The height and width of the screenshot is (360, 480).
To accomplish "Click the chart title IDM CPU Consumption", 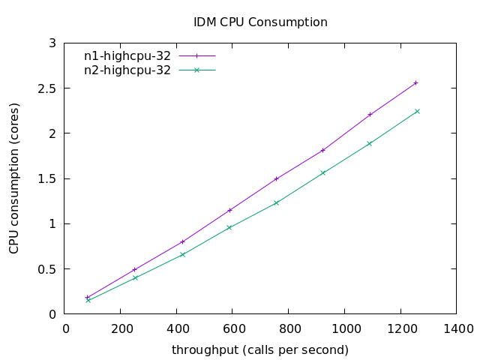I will pos(260,22).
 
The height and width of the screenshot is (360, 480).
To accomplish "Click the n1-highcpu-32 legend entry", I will pos(127,55).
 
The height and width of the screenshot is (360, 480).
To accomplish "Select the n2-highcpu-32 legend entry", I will pos(127,70).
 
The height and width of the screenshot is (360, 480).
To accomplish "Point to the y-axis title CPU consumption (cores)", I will pos(14,178).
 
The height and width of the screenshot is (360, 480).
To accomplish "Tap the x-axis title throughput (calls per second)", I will pos(260,349).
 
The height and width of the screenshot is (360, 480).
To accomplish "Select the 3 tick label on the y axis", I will pos(53,43).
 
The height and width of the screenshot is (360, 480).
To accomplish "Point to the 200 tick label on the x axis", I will pos(122,328).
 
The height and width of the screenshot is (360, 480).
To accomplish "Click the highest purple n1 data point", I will pos(416,82).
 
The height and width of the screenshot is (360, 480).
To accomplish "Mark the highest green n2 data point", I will pos(417,111).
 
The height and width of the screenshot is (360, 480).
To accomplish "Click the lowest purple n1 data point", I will pos(88,297).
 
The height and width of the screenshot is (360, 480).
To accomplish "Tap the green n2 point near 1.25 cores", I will pos(276,202).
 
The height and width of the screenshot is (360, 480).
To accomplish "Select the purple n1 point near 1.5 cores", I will pos(276,178).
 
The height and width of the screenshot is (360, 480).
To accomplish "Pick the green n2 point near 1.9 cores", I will pos(369,143).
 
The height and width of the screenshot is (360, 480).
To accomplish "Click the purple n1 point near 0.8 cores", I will pos(182,241).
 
